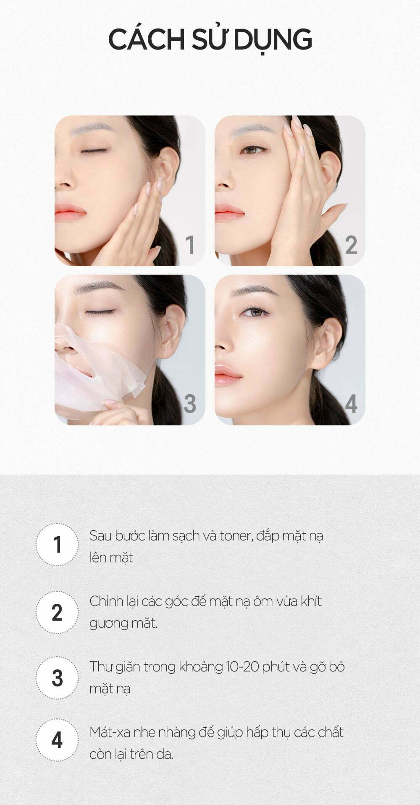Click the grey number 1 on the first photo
pyautogui.click(x=190, y=245)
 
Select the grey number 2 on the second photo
pyautogui.click(x=351, y=245)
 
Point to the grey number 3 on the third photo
pyautogui.click(x=190, y=404)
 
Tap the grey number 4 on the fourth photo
pyautogui.click(x=351, y=404)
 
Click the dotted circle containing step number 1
pyautogui.click(x=57, y=545)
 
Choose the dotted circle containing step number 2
pyautogui.click(x=57, y=612)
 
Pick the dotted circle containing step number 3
pyautogui.click(x=57, y=678)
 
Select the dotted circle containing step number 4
pyautogui.click(x=57, y=740)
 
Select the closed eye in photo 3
pyautogui.click(x=100, y=312)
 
